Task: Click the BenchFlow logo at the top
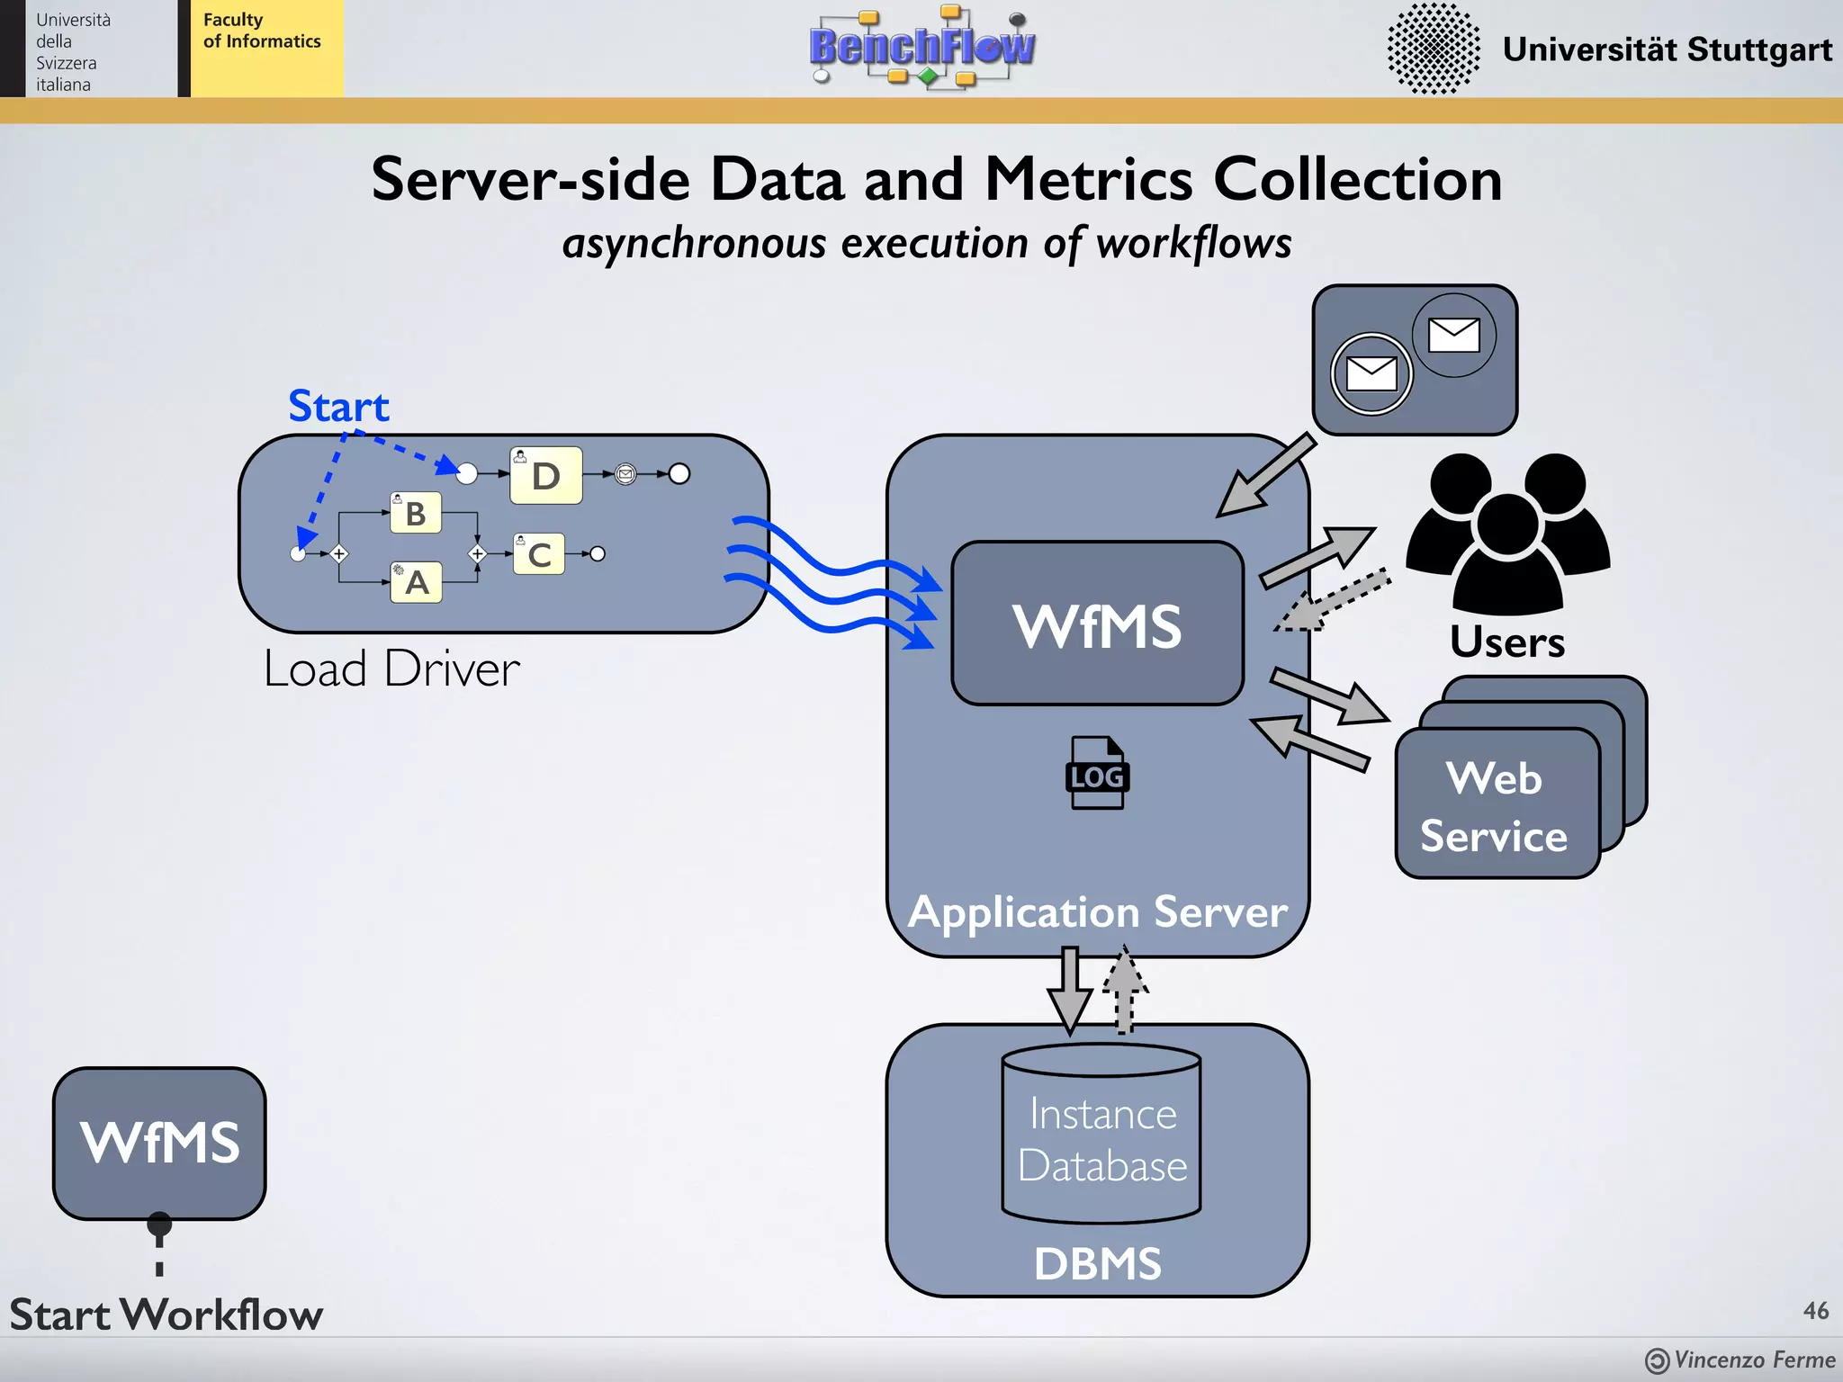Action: click(x=922, y=47)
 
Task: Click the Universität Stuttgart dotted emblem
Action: click(x=1433, y=49)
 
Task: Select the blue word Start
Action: click(x=338, y=407)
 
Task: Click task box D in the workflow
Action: click(x=545, y=475)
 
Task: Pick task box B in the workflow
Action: click(x=415, y=513)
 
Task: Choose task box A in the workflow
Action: click(x=416, y=582)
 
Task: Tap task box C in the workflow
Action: click(x=539, y=554)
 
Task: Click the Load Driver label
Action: click(x=391, y=669)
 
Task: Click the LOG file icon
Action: click(x=1097, y=774)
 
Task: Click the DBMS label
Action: click(x=1097, y=1263)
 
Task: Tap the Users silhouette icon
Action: click(x=1507, y=531)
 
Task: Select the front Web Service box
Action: click(x=1495, y=804)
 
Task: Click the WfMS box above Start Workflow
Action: click(x=159, y=1143)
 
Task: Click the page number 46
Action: click(x=1815, y=1310)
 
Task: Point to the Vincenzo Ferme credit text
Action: click(x=1753, y=1360)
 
